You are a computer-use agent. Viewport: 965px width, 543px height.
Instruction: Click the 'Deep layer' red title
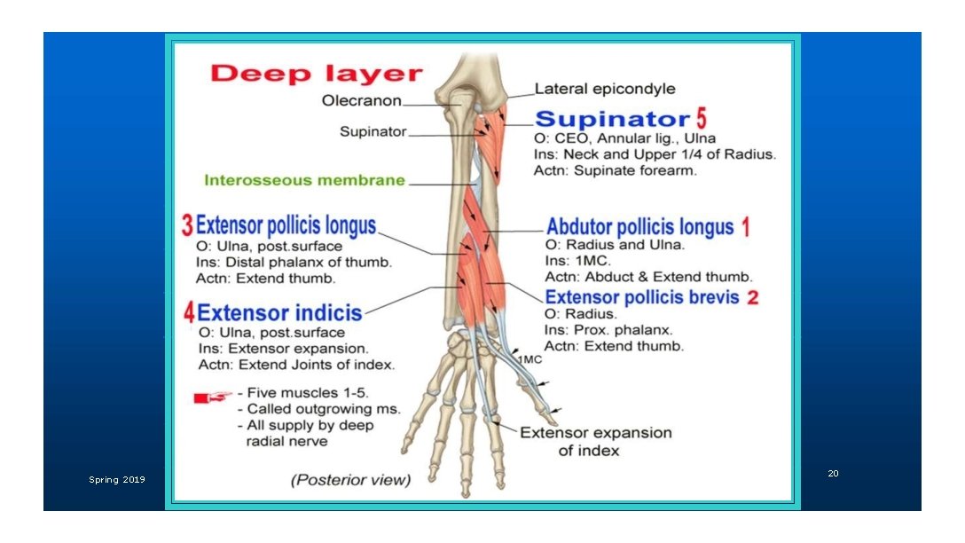click(x=317, y=74)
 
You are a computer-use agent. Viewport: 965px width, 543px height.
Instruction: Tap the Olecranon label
click(x=361, y=101)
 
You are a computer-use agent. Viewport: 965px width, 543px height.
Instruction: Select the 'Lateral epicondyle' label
click(x=604, y=89)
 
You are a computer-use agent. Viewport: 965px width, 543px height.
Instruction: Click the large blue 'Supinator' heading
click(x=612, y=119)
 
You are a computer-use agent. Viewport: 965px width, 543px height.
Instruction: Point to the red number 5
click(x=701, y=118)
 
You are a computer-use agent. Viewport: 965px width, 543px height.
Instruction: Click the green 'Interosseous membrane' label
click(x=304, y=180)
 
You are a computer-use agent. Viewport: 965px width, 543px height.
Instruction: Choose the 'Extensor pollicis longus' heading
click(x=286, y=225)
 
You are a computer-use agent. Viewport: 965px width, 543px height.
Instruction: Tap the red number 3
click(x=187, y=226)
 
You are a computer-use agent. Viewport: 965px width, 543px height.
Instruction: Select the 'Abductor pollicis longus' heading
click(x=639, y=227)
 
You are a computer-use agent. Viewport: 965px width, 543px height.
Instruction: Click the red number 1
click(x=746, y=228)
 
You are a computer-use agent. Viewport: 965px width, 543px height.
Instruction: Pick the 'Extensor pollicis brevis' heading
click(x=641, y=297)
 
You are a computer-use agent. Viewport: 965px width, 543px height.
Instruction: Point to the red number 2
click(x=752, y=298)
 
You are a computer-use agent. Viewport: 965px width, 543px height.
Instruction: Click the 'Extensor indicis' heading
click(x=279, y=312)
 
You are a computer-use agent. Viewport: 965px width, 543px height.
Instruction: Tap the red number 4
click(x=189, y=312)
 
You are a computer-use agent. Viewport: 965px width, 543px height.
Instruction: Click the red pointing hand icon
click(x=213, y=397)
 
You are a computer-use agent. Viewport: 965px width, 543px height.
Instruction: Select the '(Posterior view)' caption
click(x=351, y=480)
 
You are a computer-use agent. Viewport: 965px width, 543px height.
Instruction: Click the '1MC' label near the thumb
click(x=530, y=359)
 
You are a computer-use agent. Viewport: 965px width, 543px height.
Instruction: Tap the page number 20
click(x=833, y=474)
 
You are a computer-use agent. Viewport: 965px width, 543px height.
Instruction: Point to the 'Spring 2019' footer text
click(x=116, y=480)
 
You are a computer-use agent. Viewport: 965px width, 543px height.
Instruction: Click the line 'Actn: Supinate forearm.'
click(x=615, y=170)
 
